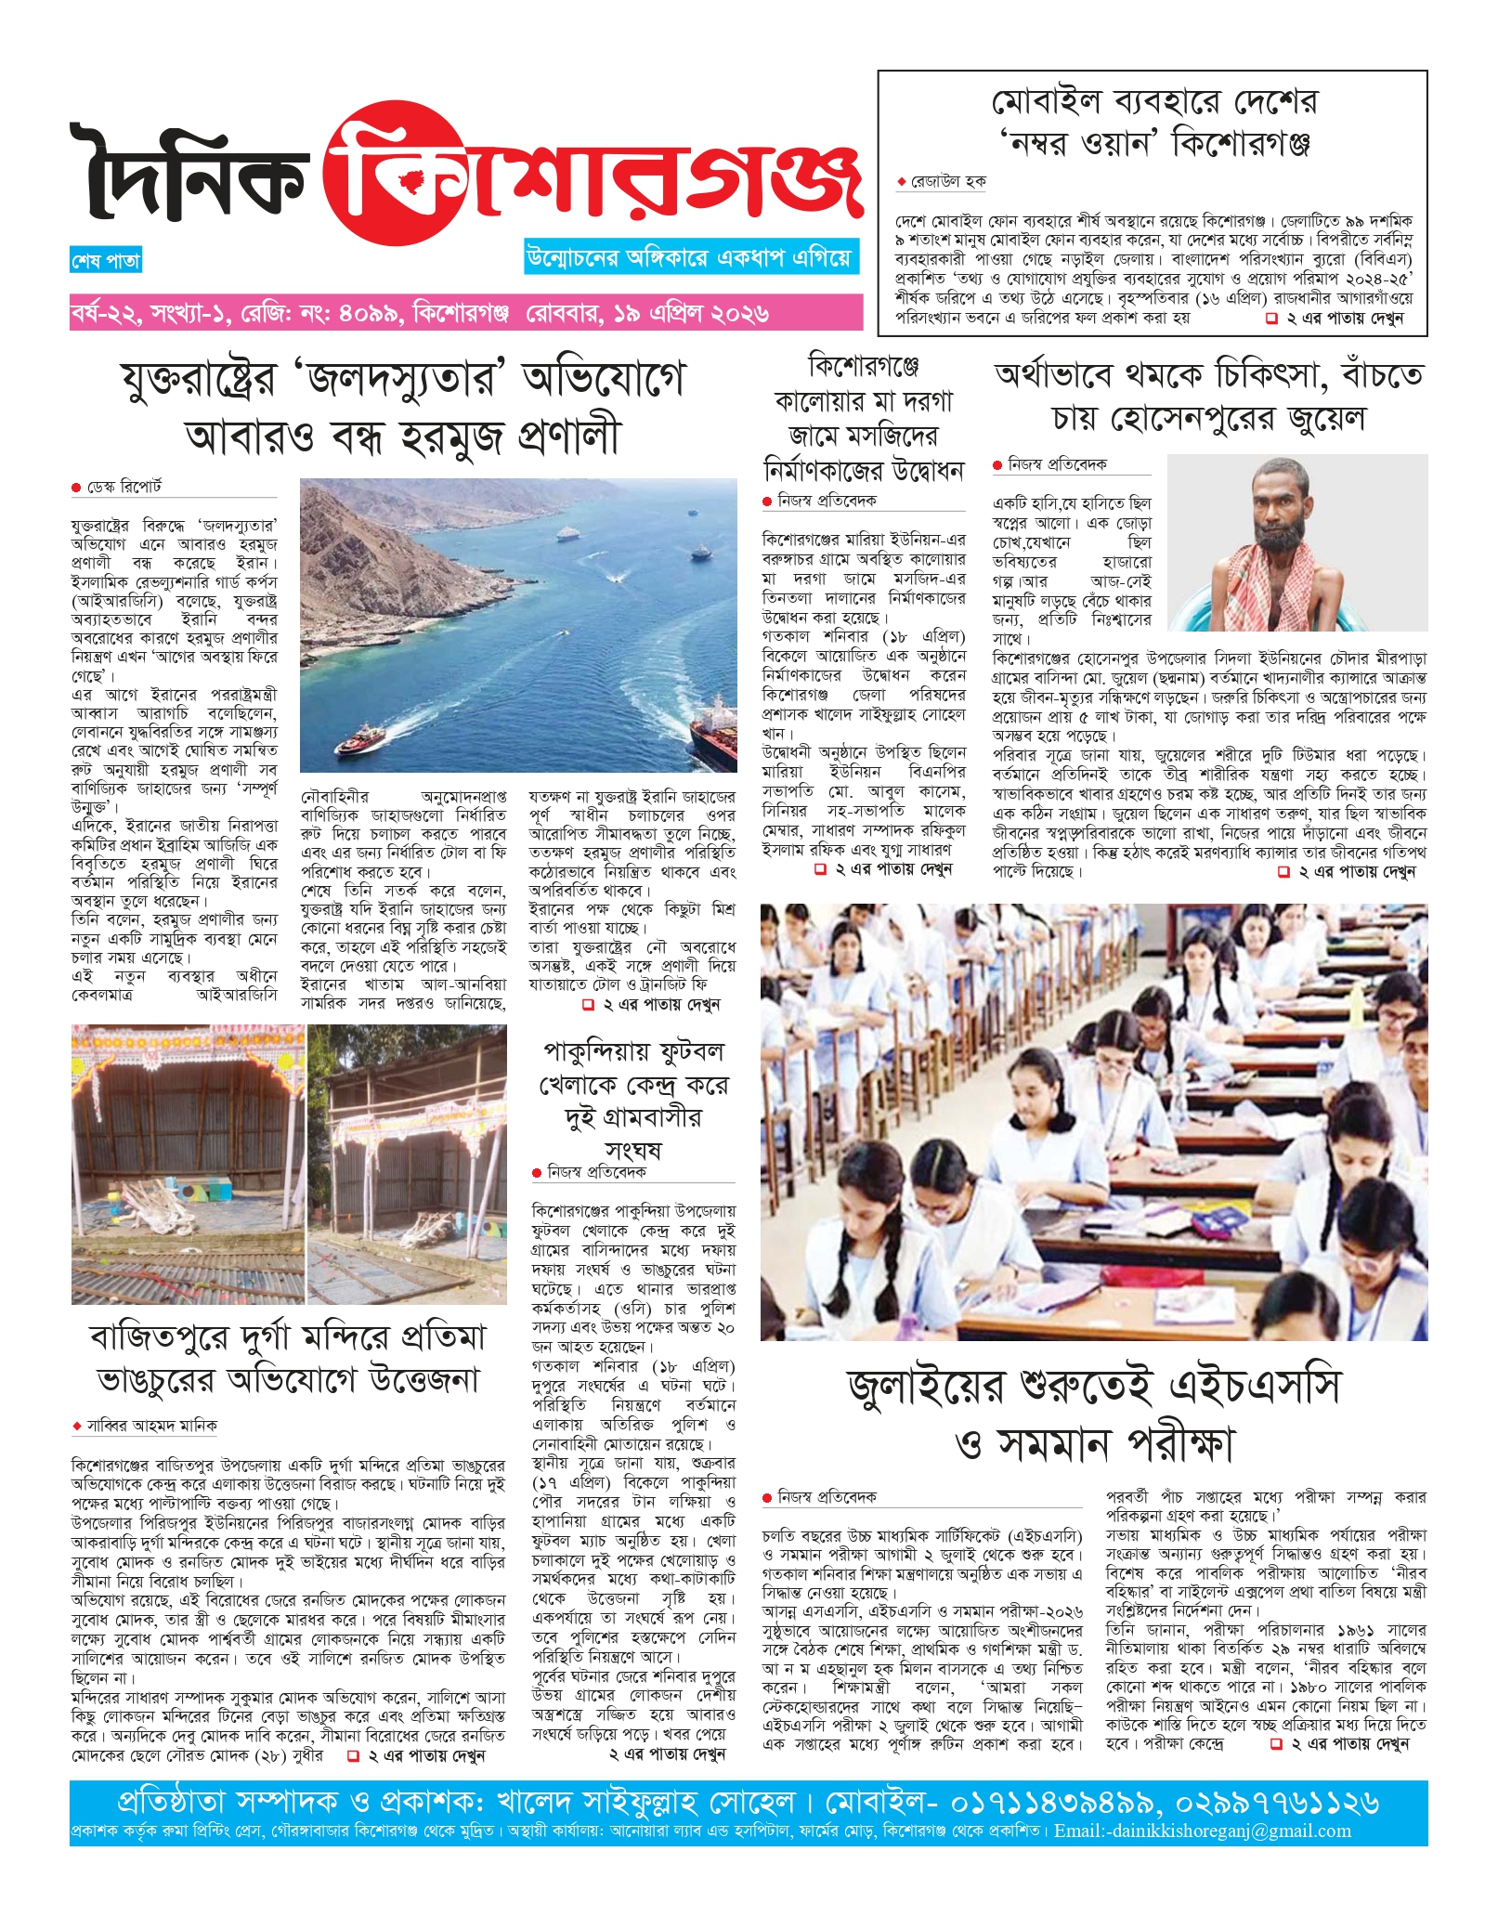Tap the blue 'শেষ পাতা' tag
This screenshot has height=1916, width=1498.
[x=106, y=261]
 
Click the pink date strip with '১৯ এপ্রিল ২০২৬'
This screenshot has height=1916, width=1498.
[x=465, y=314]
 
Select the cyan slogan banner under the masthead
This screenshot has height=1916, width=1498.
[x=691, y=257]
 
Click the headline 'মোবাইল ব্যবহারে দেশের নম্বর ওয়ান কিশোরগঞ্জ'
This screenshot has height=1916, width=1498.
[x=1153, y=122]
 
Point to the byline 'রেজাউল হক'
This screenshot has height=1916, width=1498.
[x=947, y=182]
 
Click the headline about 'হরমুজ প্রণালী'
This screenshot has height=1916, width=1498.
[x=403, y=408]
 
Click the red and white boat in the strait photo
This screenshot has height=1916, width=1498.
[x=361, y=739]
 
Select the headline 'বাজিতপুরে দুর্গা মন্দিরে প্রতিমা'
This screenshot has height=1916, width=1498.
[x=288, y=1359]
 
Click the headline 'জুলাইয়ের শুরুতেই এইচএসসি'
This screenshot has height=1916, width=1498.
[x=1094, y=1414]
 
